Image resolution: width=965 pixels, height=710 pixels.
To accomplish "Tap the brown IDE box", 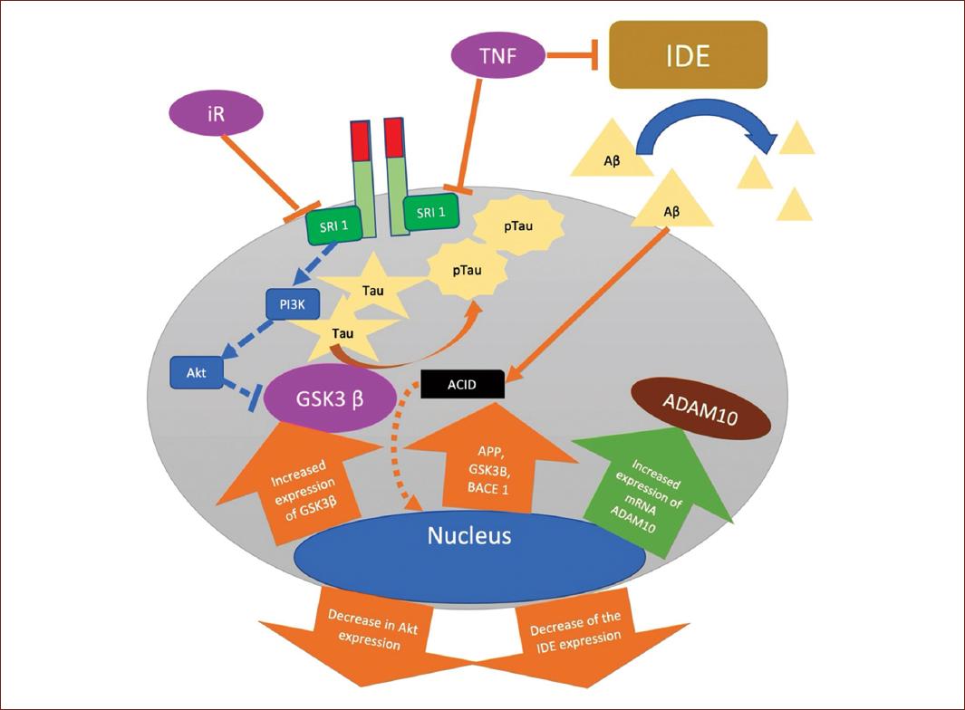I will click(688, 54).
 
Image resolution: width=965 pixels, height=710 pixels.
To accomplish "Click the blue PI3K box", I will click(293, 305).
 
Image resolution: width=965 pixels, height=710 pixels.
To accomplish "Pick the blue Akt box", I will click(197, 370).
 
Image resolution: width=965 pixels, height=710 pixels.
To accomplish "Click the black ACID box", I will click(462, 385).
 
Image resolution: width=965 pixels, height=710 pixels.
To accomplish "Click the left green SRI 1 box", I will click(333, 225).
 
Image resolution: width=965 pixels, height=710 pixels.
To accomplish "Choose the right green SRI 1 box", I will click(430, 212).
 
